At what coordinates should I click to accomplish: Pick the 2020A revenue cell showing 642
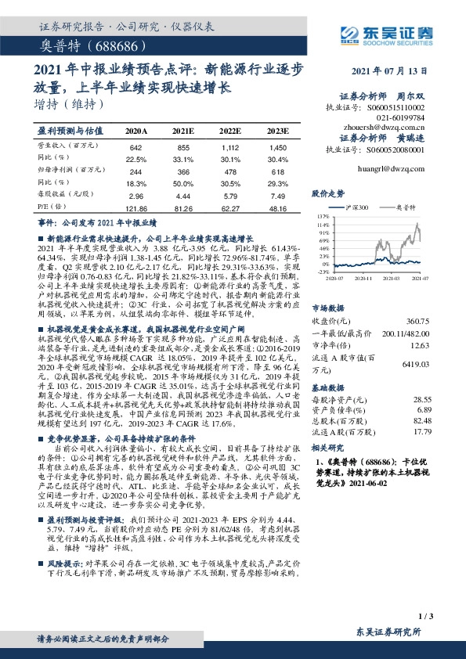[x=135, y=148]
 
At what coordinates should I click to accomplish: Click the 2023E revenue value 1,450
[x=278, y=148]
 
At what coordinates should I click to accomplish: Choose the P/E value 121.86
[x=135, y=209]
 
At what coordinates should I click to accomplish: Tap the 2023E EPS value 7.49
[x=278, y=196]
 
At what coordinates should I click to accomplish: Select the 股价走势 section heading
[x=328, y=193]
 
